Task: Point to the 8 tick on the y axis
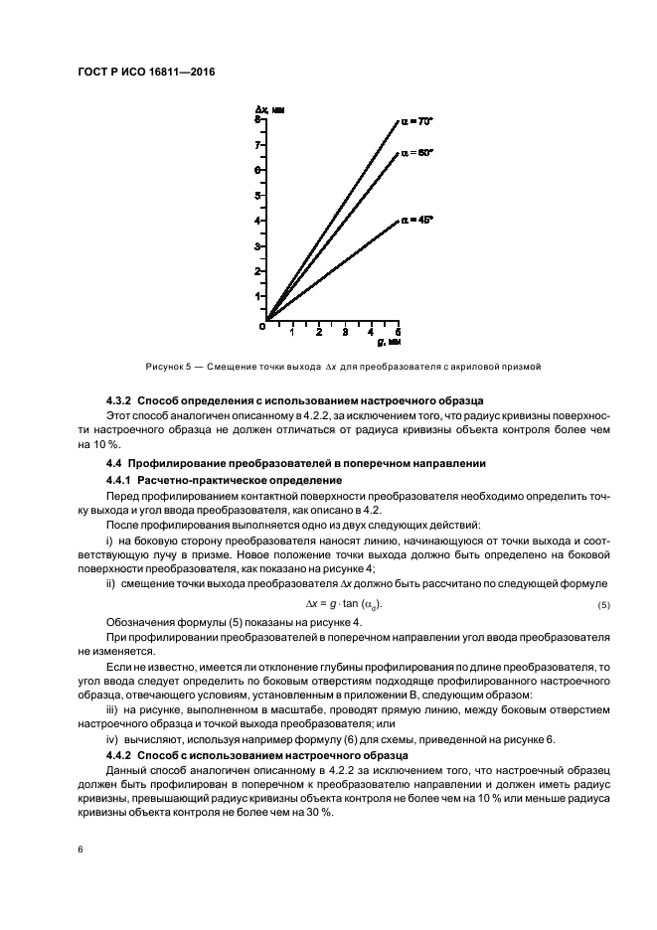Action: [x=257, y=119]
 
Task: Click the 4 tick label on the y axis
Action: [x=257, y=221]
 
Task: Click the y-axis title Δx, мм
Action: [x=268, y=107]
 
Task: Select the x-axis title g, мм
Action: [x=388, y=343]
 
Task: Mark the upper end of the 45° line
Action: [x=398, y=221]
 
